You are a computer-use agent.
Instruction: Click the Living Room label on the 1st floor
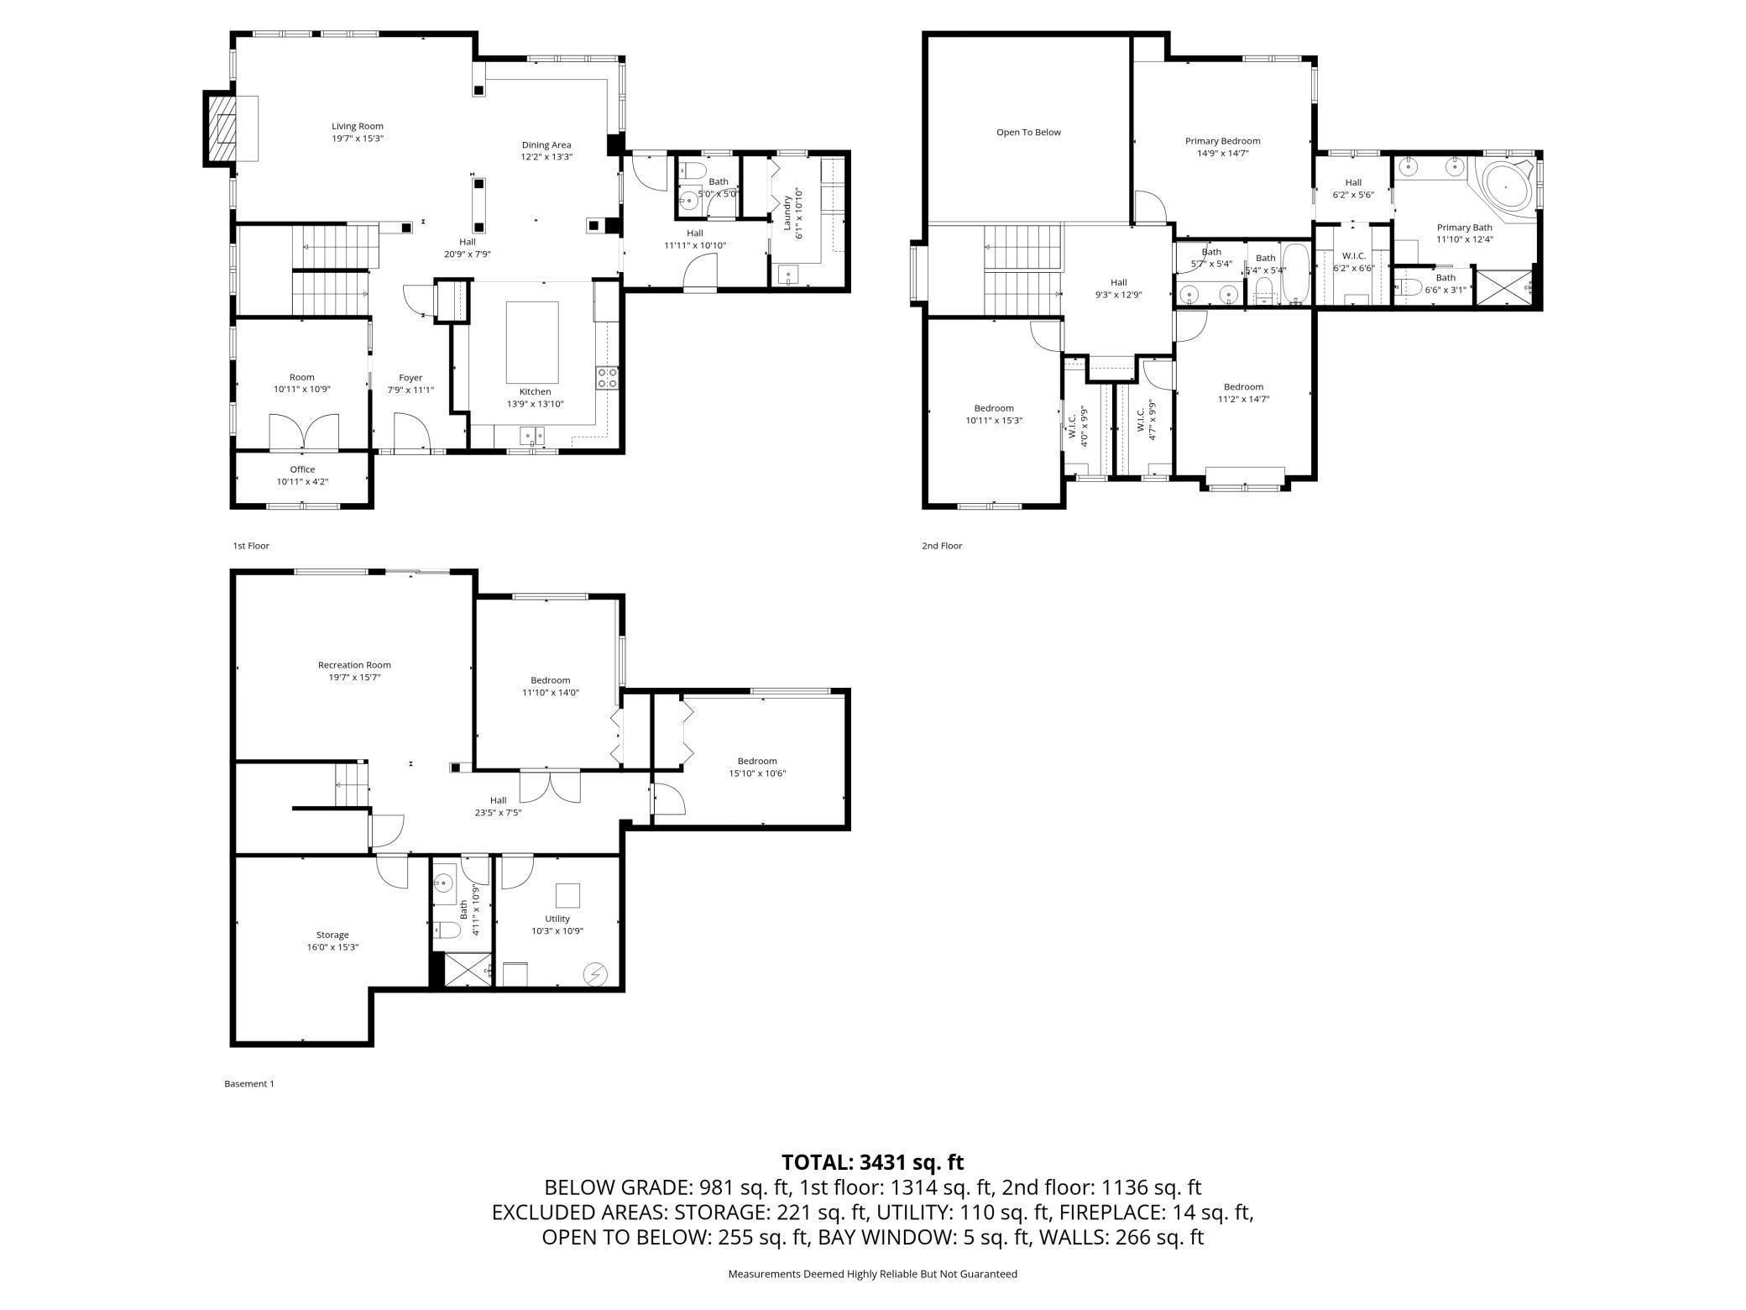coord(358,126)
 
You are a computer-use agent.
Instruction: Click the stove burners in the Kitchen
coord(607,378)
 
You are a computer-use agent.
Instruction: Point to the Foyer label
coord(410,378)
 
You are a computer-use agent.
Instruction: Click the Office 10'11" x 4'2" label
coord(302,475)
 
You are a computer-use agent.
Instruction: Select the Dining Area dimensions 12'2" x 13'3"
coord(546,156)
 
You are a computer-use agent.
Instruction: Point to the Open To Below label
coord(1028,132)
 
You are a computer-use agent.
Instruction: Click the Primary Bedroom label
coord(1222,141)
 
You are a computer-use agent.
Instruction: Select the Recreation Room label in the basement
coord(354,665)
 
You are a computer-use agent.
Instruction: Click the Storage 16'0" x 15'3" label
coord(332,941)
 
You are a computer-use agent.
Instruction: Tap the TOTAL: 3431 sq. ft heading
coord(873,1162)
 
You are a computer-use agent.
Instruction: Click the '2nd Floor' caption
coord(942,546)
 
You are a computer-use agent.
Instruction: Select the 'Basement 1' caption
coord(249,1083)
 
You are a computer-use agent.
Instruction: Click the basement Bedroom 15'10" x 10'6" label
coord(757,768)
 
